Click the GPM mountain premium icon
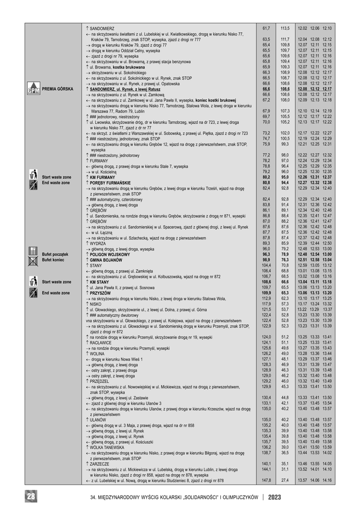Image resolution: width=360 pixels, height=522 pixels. tap(33, 89)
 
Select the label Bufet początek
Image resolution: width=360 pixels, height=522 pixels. tap(55, 254)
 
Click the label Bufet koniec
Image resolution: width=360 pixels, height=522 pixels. tap(54, 260)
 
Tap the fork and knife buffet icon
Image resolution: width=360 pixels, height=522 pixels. tap(33, 252)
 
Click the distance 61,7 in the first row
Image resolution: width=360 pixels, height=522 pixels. tap(266, 29)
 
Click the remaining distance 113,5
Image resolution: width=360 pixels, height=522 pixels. tap(285, 29)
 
